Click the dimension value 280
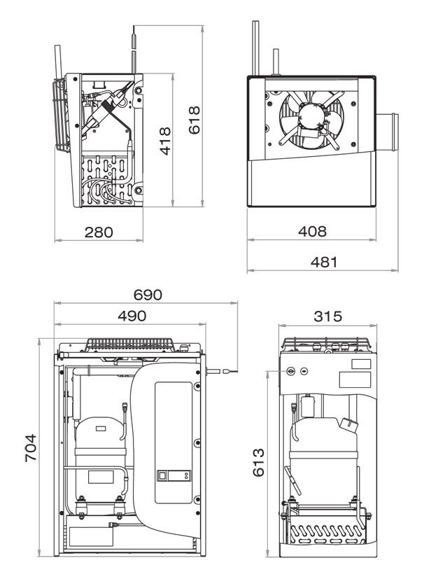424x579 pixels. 99,232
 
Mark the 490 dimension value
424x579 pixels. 132,316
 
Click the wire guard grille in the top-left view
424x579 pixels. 59,116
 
